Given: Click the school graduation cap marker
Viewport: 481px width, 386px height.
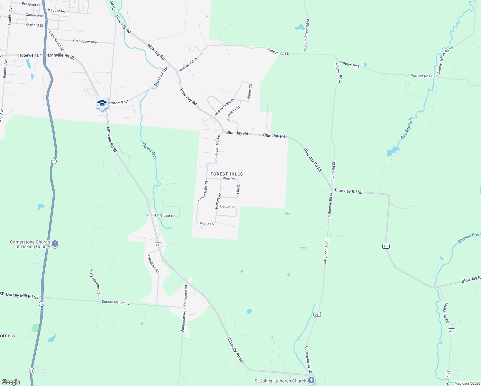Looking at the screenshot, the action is (x=102, y=103).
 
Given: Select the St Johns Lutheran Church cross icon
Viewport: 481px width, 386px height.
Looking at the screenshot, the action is (x=311, y=381).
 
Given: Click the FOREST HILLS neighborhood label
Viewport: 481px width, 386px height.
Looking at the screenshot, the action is (x=227, y=174).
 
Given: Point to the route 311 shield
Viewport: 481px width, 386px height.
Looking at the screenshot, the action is (x=158, y=245).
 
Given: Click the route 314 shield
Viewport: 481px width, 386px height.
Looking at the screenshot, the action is (x=386, y=246).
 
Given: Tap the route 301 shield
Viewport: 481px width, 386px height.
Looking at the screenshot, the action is (x=317, y=314).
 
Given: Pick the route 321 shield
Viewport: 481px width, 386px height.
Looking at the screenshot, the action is (x=451, y=331).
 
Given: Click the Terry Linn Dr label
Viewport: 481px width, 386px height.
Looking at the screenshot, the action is (x=164, y=216).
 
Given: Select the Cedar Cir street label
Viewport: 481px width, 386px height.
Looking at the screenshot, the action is (x=227, y=207).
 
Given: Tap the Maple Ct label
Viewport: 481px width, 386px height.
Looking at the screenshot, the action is (x=206, y=224).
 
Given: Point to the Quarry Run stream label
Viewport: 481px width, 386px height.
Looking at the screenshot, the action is (x=150, y=151).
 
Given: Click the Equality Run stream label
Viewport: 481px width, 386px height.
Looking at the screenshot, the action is (x=406, y=129).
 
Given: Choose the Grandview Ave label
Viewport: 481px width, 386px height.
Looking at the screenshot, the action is (x=85, y=41).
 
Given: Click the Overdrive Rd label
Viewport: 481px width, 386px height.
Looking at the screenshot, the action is (x=153, y=264).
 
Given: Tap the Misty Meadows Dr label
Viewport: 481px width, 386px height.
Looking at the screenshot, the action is (x=95, y=282).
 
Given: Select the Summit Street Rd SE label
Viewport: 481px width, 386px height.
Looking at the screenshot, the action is (x=307, y=35).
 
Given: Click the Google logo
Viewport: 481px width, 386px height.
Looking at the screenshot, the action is (x=11, y=382).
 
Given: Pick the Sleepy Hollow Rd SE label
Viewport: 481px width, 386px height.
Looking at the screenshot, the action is (x=445, y=60).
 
